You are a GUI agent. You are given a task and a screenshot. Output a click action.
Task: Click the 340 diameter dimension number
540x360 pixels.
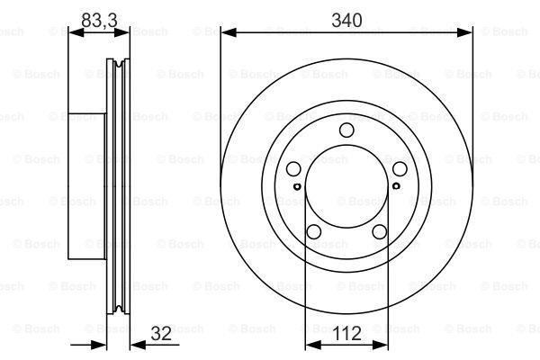tap(346, 20)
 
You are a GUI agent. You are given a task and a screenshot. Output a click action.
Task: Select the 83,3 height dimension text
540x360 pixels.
tap(99, 20)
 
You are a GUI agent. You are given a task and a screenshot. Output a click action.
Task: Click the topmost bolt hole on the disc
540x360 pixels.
tap(346, 131)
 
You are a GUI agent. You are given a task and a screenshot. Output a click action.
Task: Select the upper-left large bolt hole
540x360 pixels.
tap(293, 169)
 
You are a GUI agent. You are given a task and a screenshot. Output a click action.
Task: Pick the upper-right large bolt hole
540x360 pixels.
tap(400, 169)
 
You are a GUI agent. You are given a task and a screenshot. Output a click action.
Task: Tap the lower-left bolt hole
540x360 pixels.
tap(314, 232)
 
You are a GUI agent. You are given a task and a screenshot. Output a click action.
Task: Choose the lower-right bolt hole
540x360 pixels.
tap(379, 232)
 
